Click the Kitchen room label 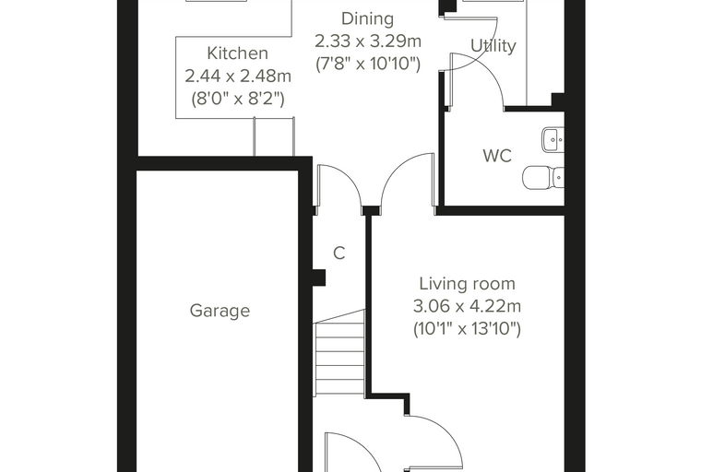tap(237, 53)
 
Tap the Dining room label tap(367, 18)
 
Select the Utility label tap(493, 45)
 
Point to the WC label tap(497, 156)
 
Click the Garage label tap(220, 310)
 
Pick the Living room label tap(467, 283)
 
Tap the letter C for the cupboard tap(339, 253)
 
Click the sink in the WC tap(553, 140)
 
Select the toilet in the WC tap(543, 177)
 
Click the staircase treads tap(340, 353)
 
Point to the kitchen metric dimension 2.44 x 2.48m tap(238, 76)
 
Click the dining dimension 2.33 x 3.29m tap(368, 41)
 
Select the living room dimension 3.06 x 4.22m tap(467, 306)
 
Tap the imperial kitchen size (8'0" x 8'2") tap(238, 99)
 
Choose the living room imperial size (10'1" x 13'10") tap(467, 329)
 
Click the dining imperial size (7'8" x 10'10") tap(368, 64)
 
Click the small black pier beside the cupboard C tap(319, 277)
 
